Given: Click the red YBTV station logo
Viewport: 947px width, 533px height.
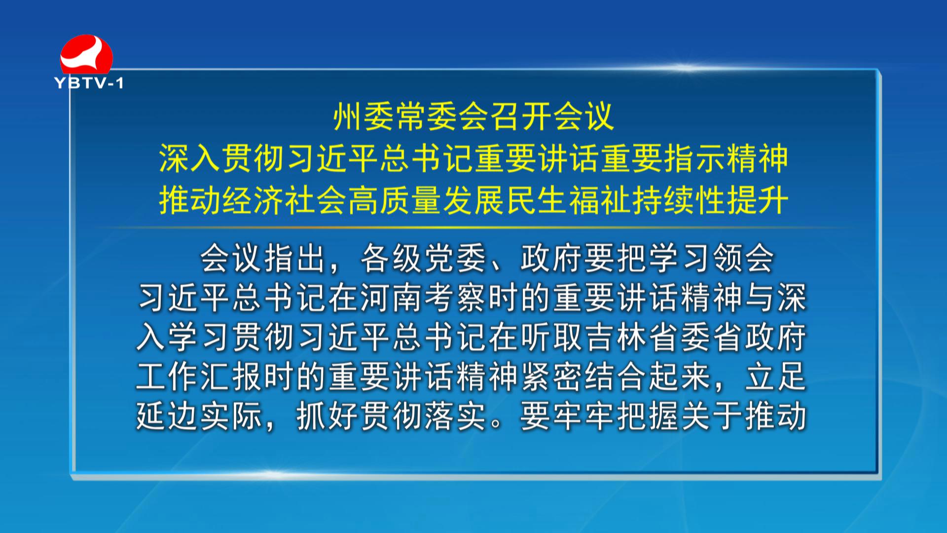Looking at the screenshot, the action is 86,54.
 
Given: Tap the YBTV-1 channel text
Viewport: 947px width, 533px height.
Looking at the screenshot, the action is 89,83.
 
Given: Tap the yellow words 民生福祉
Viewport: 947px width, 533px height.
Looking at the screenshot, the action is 569,201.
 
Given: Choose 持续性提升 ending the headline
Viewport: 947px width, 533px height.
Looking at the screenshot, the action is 710,201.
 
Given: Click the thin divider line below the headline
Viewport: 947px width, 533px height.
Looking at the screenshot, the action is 473,228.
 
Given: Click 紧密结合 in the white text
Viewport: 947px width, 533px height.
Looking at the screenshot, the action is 584,377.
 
